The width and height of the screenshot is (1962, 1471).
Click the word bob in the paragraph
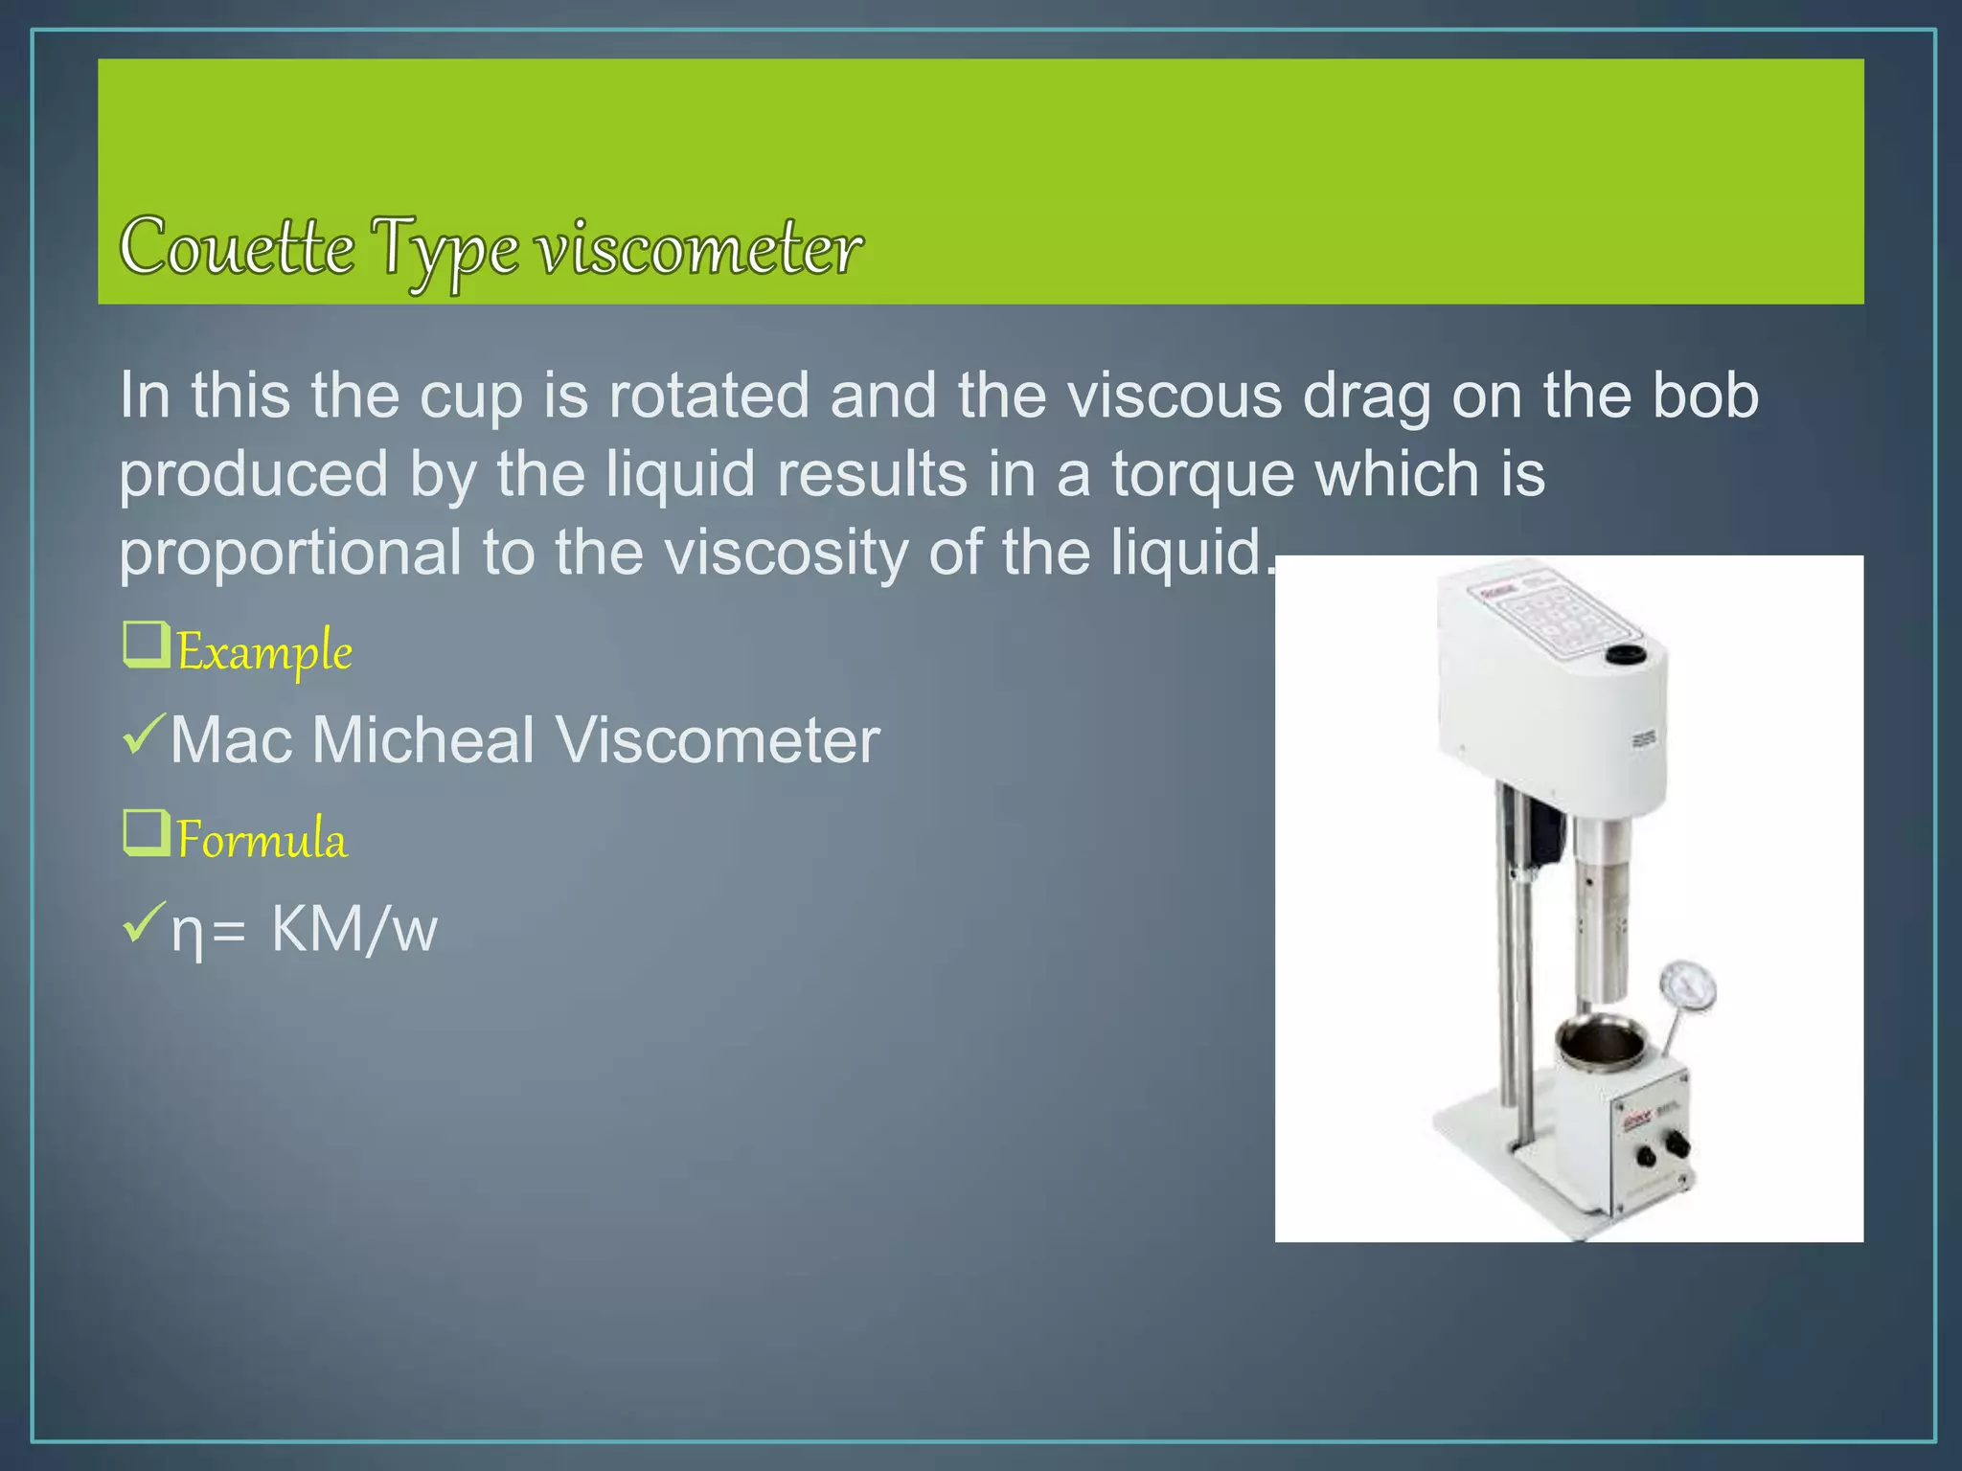coord(1704,396)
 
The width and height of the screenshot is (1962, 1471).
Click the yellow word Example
coord(264,652)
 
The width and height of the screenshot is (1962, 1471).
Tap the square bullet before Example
coord(147,645)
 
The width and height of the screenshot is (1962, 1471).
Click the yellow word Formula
coord(262,840)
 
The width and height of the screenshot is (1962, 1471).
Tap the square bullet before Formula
coord(147,832)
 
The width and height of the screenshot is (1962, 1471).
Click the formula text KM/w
coord(354,929)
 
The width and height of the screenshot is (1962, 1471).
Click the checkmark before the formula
coord(145,921)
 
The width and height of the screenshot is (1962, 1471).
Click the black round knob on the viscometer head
coord(1625,655)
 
